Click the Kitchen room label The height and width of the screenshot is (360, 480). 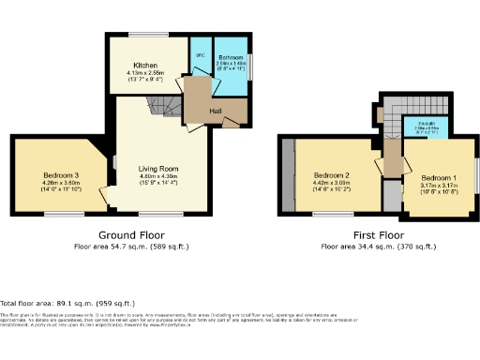tap(144, 66)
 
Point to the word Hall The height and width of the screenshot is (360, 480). tap(217, 111)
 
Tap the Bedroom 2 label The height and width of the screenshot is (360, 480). tap(332, 175)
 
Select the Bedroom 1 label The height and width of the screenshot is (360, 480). tap(438, 178)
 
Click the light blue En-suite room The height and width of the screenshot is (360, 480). tap(425, 127)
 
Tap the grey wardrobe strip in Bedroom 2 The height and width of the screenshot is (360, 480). tap(292, 177)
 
